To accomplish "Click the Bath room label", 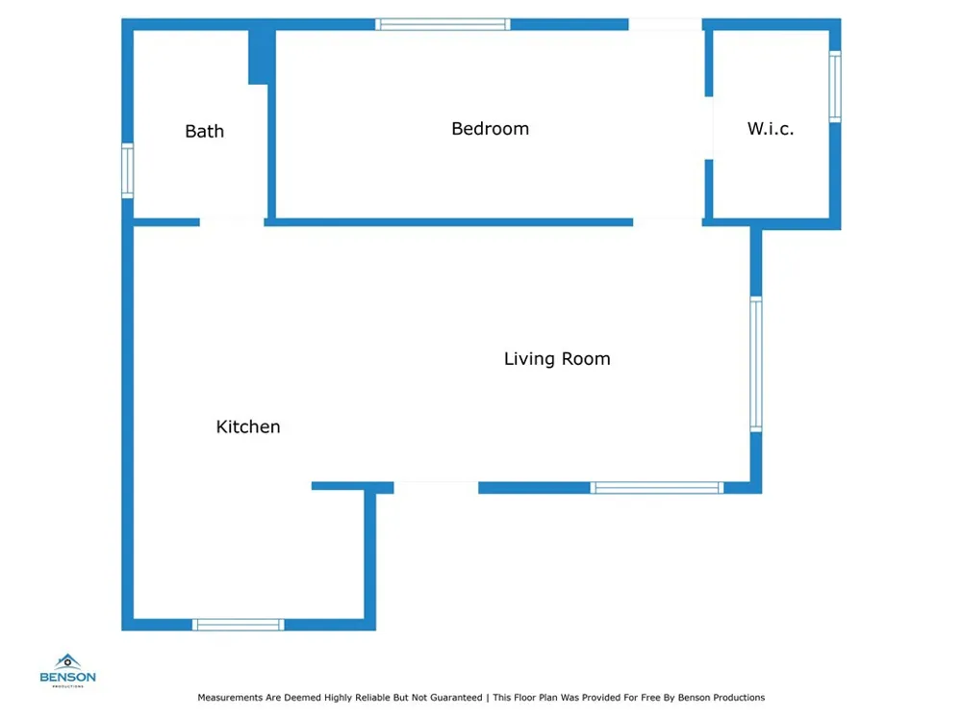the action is pos(204,131).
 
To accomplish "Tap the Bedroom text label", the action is pos(491,129).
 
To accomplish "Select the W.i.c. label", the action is pos(771,129).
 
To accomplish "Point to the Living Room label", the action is pos(557,358).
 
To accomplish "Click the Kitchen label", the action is pos(248,426).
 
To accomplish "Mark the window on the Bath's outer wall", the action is pos(128,170).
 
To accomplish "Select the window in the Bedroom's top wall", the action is pos(443,25).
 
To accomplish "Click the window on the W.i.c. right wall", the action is pos(835,86).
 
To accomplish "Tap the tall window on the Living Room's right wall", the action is pos(756,364).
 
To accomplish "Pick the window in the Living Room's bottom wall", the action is pos(657,488).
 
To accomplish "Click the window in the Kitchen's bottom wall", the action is pos(238,625).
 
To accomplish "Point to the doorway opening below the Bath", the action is pos(232,222).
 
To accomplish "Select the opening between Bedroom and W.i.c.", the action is pos(709,128).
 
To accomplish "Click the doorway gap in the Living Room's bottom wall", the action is pos(436,488).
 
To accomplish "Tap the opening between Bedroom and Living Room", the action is pos(668,222).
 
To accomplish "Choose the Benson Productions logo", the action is pos(67,670).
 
